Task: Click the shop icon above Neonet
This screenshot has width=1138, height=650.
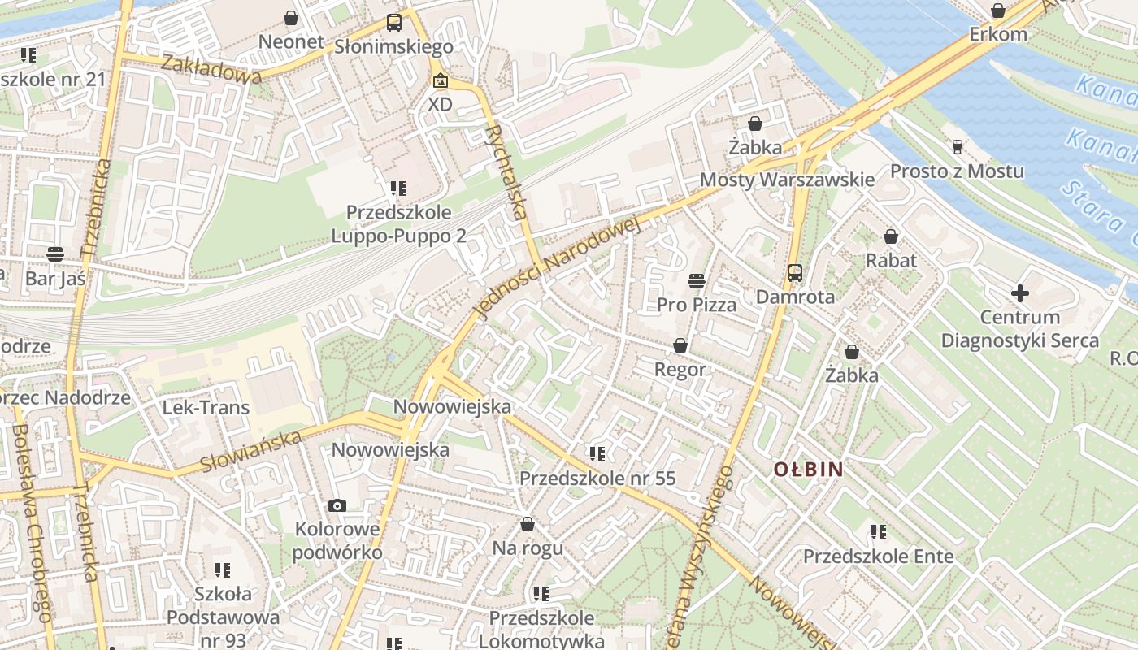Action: [x=291, y=17]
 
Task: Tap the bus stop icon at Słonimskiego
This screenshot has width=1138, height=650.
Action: [x=394, y=22]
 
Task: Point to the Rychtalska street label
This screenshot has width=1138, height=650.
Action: [x=506, y=172]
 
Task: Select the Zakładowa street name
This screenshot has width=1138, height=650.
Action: [x=211, y=69]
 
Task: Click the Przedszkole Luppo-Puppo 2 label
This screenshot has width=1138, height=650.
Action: [x=398, y=223]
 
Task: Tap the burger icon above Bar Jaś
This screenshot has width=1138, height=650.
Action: [x=54, y=253]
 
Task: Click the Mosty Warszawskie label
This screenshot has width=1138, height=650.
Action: [x=787, y=180]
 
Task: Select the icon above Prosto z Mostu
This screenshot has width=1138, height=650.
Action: [x=957, y=147]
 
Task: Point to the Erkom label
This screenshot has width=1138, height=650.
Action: [x=998, y=35]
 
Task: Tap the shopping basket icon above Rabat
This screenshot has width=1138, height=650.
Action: [x=891, y=236]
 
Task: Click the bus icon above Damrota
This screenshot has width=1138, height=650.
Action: [x=795, y=273]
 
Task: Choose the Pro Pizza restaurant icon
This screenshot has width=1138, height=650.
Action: [x=696, y=281]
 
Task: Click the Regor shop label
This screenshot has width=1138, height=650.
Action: [x=680, y=370]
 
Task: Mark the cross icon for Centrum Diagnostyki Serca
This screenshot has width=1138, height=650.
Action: [x=1020, y=293]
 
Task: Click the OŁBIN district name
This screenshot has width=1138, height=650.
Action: [x=808, y=470]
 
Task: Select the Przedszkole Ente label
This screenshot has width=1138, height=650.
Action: [x=878, y=557]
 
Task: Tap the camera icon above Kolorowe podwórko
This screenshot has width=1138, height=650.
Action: [x=337, y=505]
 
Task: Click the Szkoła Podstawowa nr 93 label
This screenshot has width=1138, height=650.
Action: [x=223, y=617]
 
